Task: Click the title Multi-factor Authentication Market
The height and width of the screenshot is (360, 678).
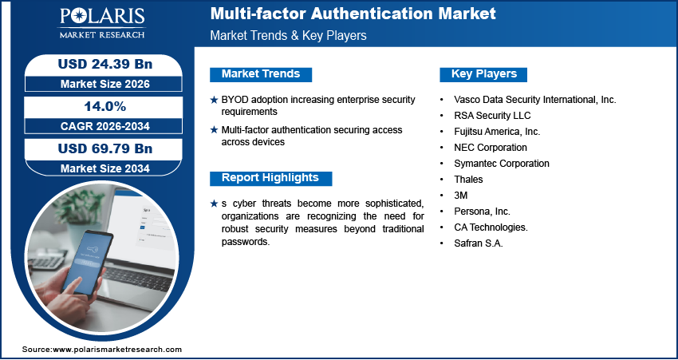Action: click(353, 14)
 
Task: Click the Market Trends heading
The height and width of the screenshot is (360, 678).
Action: click(261, 74)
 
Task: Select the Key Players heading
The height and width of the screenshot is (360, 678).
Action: click(484, 74)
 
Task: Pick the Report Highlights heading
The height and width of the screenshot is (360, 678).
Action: click(270, 178)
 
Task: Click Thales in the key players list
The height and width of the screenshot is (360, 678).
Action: click(467, 180)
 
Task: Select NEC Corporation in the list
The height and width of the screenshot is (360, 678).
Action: click(490, 148)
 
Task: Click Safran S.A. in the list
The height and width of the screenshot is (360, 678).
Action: click(477, 243)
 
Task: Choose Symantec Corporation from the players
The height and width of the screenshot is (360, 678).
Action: click(501, 164)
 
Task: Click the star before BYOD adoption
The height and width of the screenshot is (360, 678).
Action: click(214, 100)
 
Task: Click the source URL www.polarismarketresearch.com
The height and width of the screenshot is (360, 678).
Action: click(117, 350)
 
